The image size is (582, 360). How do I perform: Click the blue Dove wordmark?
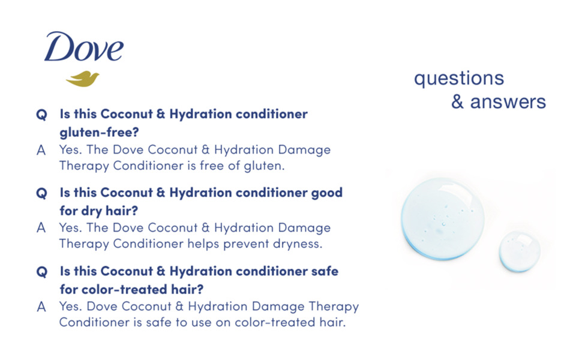click(83, 47)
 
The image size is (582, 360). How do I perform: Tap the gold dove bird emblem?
click(82, 79)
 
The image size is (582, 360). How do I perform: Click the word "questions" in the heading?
click(459, 79)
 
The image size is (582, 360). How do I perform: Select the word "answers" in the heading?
click(508, 102)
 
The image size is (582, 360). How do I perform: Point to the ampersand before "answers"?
click(457, 101)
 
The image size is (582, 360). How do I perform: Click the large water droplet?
click(442, 218)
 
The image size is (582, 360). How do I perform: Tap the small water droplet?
click(519, 251)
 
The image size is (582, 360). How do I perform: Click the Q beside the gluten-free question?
click(41, 115)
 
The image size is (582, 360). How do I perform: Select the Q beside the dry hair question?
click(41, 193)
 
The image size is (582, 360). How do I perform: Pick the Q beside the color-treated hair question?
click(41, 272)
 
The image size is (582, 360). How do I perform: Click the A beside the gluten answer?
click(41, 151)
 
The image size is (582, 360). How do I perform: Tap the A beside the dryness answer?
click(41, 228)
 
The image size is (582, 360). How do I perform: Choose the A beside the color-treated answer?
click(41, 307)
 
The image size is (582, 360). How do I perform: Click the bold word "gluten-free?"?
click(99, 132)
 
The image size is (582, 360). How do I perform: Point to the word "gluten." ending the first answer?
click(264, 166)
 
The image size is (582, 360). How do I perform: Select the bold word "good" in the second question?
click(326, 193)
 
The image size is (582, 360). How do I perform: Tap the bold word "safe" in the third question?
click(325, 271)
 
